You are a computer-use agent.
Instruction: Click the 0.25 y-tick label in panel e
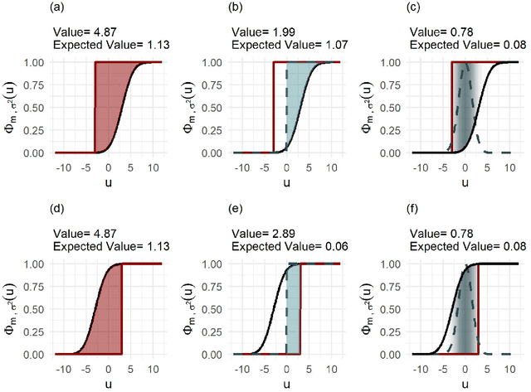(217, 332)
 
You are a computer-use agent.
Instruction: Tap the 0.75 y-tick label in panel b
(217, 85)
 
